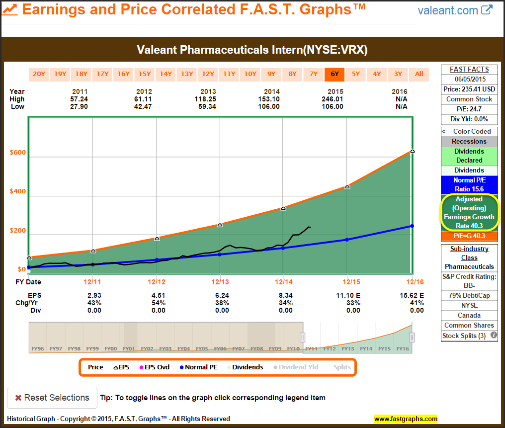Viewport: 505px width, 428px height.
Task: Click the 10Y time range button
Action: point(250,74)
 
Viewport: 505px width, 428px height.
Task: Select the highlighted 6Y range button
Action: point(335,74)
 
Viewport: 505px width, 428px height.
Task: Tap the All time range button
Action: point(419,74)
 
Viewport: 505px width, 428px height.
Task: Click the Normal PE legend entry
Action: point(198,367)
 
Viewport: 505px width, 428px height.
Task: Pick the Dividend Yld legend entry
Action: point(296,367)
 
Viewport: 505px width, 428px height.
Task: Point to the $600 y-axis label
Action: point(18,153)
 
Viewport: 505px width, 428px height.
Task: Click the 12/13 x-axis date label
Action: point(220,282)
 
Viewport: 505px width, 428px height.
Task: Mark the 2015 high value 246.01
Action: point(336,99)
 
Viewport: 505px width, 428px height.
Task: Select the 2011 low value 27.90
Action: point(81,106)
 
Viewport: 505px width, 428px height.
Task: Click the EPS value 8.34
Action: point(286,295)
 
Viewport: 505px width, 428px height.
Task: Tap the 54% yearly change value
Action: point(158,303)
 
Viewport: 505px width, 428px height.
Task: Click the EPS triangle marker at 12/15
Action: point(347,187)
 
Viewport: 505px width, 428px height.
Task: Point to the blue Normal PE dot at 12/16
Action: point(412,226)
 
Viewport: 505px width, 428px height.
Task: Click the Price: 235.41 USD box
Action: point(469,89)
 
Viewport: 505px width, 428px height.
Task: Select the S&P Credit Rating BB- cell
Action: point(469,281)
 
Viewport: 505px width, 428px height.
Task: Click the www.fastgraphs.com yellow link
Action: point(406,419)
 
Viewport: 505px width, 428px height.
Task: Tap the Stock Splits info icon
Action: point(494,336)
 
